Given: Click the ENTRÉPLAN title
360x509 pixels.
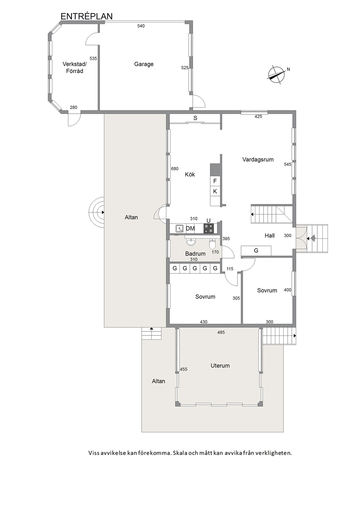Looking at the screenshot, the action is (87, 16).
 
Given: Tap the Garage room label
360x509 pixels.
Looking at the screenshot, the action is (144, 64).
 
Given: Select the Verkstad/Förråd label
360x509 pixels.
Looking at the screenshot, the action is (74, 67).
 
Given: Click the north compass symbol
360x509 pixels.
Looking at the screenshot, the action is (277, 75).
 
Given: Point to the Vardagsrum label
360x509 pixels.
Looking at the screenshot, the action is (258, 160).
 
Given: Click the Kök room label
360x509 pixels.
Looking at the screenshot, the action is (190, 175).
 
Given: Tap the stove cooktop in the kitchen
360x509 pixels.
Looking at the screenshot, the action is (209, 228).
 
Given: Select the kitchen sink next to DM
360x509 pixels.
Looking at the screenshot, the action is (180, 228).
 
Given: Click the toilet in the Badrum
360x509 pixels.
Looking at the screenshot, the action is (212, 243).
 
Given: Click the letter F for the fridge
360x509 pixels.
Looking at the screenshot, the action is (215, 181).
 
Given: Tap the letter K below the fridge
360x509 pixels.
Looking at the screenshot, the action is (215, 192).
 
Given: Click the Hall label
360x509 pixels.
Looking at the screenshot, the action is (270, 236).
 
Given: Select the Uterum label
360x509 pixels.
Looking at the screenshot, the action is (220, 366).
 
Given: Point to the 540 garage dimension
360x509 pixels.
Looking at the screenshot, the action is (141, 26).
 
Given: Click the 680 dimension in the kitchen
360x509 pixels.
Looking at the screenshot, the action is (175, 169).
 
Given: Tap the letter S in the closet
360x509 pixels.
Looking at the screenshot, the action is (195, 118).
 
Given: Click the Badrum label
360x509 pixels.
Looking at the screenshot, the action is (195, 254).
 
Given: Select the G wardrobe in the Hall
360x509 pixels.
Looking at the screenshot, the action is (256, 251).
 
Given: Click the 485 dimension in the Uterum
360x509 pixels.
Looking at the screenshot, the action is (221, 332).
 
